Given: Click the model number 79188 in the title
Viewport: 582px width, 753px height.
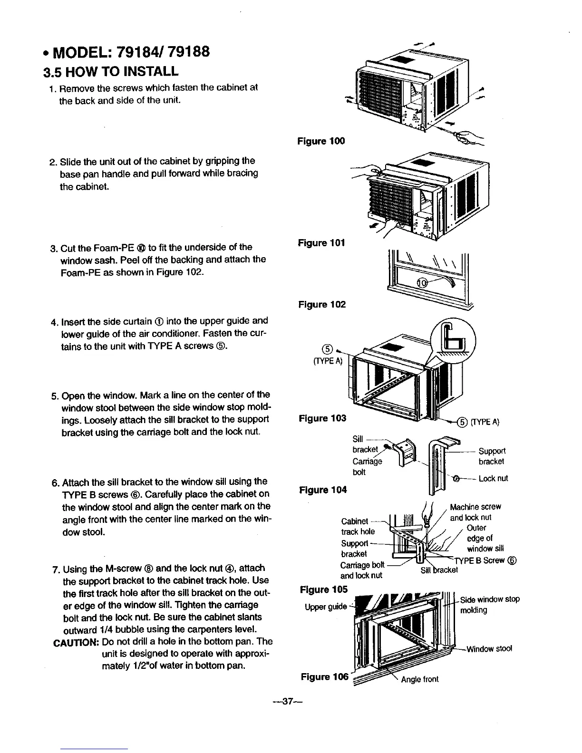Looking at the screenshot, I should pyautogui.click(x=183, y=51).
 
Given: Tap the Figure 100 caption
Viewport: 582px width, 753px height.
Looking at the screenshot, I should pyautogui.click(x=320, y=141).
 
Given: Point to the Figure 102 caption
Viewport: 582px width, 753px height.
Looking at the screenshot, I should pyautogui.click(x=321, y=304).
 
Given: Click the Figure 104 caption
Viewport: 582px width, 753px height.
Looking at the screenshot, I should pyautogui.click(x=322, y=490).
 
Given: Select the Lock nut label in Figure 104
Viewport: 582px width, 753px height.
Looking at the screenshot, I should pyautogui.click(x=493, y=478).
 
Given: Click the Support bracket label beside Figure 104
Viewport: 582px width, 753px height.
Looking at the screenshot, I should pyautogui.click(x=492, y=456).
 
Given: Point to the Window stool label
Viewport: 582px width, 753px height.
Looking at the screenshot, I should pyautogui.click(x=489, y=649).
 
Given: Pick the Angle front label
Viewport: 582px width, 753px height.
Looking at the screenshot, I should pyautogui.click(x=419, y=679).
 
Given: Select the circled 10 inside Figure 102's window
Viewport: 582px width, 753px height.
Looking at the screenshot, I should pyautogui.click(x=423, y=284).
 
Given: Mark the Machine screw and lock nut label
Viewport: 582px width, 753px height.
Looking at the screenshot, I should pyautogui.click(x=475, y=512).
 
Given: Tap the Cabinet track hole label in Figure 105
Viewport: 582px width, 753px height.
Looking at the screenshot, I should pyautogui.click(x=358, y=526).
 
